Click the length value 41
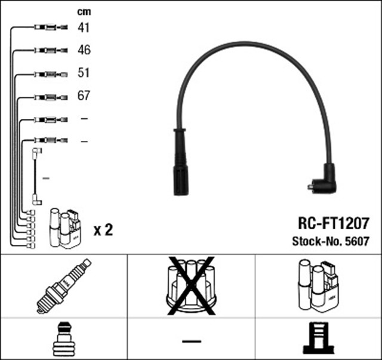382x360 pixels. click(84, 27)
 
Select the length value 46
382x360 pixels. click(84, 50)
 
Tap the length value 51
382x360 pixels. click(84, 73)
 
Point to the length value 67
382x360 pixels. click(84, 96)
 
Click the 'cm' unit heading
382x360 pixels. click(84, 11)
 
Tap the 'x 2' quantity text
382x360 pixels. click(103, 229)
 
